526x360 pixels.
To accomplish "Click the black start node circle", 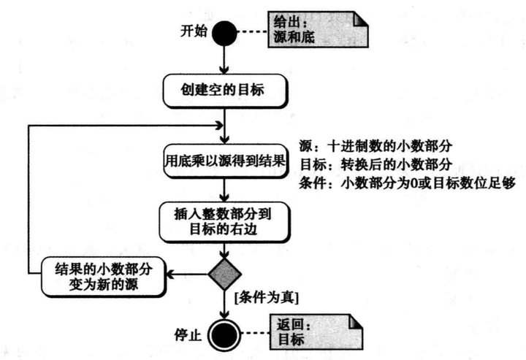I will point(226,31).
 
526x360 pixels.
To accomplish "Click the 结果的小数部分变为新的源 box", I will point(102,274).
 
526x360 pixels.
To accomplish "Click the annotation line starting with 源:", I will point(373,145).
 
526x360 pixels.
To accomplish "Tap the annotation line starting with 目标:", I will point(373,163).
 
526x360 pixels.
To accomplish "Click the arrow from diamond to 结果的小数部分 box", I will point(186,275).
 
